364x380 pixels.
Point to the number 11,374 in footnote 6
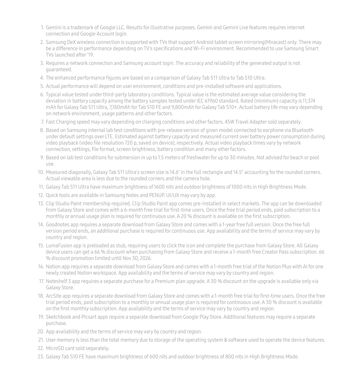(x=309, y=101)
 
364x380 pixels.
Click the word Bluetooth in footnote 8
(x=303, y=130)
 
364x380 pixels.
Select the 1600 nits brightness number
(x=159, y=187)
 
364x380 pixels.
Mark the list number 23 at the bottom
(x=40, y=357)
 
